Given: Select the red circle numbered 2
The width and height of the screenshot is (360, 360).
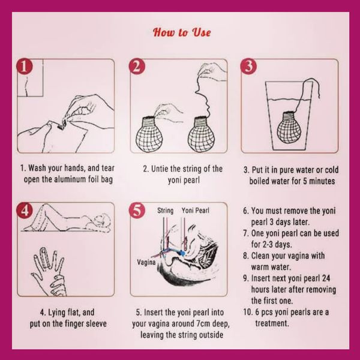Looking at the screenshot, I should pyautogui.click(x=137, y=67).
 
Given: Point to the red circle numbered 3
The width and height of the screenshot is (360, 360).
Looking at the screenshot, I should pyautogui.click(x=248, y=67).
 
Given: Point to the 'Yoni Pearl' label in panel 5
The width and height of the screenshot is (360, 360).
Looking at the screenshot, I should pyautogui.click(x=195, y=211).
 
